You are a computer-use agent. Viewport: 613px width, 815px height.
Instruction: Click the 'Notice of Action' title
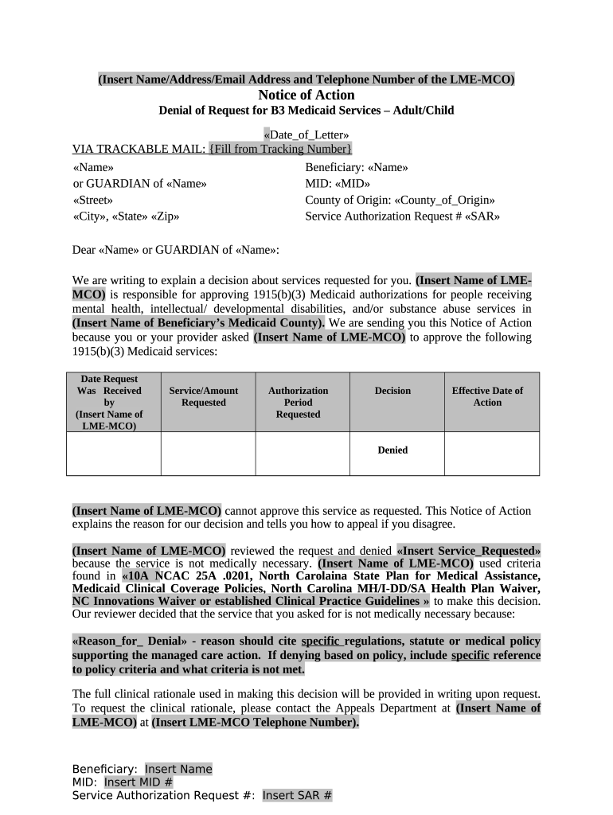(x=306, y=95)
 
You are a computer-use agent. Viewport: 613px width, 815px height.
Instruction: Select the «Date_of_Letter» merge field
(x=306, y=135)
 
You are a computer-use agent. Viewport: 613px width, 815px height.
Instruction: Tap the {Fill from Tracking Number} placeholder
(x=280, y=149)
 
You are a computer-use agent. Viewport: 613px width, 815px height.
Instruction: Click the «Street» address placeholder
(x=92, y=200)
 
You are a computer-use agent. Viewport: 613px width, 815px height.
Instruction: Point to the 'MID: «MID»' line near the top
(x=338, y=184)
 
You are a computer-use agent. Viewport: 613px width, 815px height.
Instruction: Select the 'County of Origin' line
(x=400, y=200)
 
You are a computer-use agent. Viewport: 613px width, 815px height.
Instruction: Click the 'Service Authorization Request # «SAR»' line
(x=402, y=216)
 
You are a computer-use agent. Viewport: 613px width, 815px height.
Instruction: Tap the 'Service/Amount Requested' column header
(x=204, y=396)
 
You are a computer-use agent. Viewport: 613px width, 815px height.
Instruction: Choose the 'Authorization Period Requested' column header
(x=298, y=402)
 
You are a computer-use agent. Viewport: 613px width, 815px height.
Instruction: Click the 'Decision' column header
(x=392, y=391)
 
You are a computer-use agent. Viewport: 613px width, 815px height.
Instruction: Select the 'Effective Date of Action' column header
(x=487, y=396)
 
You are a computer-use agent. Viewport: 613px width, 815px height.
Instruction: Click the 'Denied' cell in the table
(x=392, y=450)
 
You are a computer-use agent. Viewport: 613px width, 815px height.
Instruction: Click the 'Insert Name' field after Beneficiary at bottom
(x=178, y=769)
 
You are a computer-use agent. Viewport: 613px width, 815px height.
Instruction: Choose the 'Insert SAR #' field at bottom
(x=297, y=795)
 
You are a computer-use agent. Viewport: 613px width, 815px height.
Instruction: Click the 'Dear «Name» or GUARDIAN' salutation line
(x=176, y=250)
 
